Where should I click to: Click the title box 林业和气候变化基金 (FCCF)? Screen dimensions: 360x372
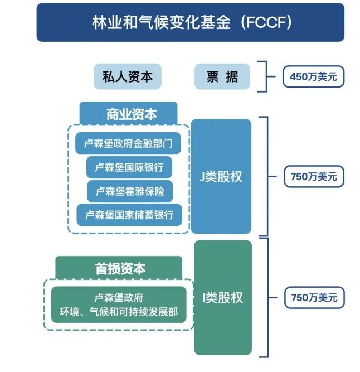(x=190, y=22)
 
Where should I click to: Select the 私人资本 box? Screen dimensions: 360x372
(x=128, y=76)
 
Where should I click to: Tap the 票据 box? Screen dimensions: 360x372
(x=222, y=76)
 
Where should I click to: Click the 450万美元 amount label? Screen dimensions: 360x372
(x=313, y=76)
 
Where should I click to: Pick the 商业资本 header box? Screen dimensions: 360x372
(x=129, y=114)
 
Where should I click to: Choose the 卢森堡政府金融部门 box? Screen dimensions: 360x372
(x=128, y=143)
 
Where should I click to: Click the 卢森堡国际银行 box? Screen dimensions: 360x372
(x=129, y=167)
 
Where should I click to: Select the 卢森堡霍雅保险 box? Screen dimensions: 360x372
(x=130, y=191)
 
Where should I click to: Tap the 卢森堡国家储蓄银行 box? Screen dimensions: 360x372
(x=129, y=215)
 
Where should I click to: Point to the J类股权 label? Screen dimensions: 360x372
(x=221, y=177)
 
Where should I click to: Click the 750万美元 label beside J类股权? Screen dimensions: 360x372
(x=314, y=176)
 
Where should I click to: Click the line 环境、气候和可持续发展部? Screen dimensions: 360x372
(x=119, y=312)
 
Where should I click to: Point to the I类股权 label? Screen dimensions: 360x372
(x=223, y=297)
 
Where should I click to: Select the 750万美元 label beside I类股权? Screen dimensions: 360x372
(x=314, y=297)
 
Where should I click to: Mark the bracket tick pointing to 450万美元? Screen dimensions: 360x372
(x=271, y=76)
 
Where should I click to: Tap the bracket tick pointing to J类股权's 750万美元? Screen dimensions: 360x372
(x=272, y=176)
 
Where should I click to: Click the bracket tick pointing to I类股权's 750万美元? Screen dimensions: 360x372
(x=273, y=297)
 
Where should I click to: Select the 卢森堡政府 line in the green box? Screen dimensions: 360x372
(x=119, y=298)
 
